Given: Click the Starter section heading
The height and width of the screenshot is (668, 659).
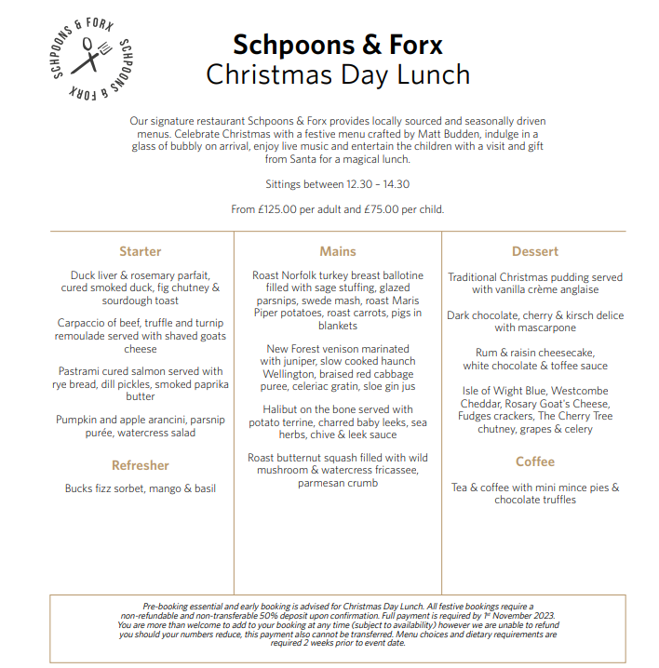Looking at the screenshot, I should tap(141, 251).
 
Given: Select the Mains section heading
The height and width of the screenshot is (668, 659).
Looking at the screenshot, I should tap(338, 251).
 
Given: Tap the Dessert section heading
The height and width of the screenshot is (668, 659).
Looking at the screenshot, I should tap(535, 251).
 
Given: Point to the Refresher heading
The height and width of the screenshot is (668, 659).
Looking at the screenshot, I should tap(141, 465).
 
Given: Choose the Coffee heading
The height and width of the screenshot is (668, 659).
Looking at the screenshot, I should tap(535, 461).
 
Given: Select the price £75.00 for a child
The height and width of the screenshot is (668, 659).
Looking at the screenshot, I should tap(385, 209).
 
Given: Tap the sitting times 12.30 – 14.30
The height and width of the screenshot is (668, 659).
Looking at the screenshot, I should tap(364, 184).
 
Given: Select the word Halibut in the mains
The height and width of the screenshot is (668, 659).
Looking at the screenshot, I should tap(283, 409).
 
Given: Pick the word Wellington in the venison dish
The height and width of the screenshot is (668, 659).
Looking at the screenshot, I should tap(289, 373).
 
